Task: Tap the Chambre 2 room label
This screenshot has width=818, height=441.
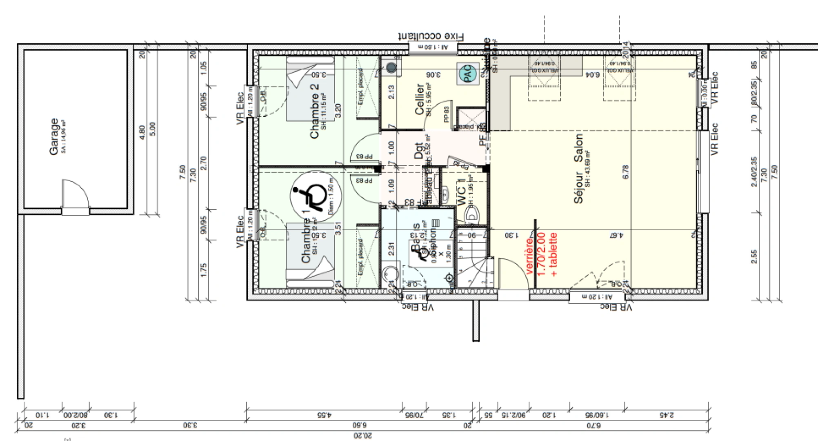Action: click(x=315, y=111)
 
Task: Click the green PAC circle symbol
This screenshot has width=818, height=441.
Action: click(x=467, y=74)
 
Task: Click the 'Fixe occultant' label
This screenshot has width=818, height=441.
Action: click(x=431, y=36)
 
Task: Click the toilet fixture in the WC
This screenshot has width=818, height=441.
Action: click(x=472, y=215)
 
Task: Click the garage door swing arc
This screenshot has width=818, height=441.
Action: click(x=78, y=192)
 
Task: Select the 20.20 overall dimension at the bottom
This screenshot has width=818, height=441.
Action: click(x=362, y=436)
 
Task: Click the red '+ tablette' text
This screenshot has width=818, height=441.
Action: click(x=553, y=254)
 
